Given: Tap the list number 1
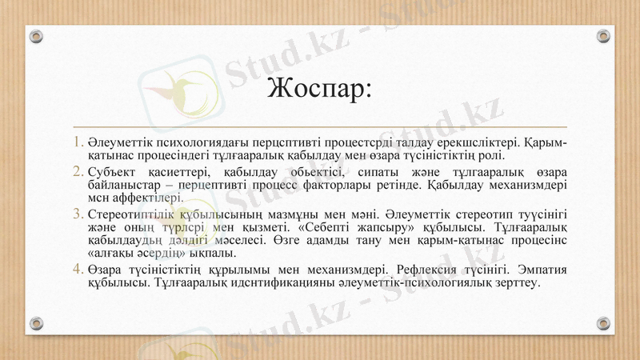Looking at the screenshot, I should tap(78, 142).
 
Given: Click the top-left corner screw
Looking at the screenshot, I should tap(36, 37).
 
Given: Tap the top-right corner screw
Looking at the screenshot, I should tap(603, 37).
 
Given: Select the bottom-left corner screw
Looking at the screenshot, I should tap(36, 323).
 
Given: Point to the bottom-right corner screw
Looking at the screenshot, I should tap(603, 323).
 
